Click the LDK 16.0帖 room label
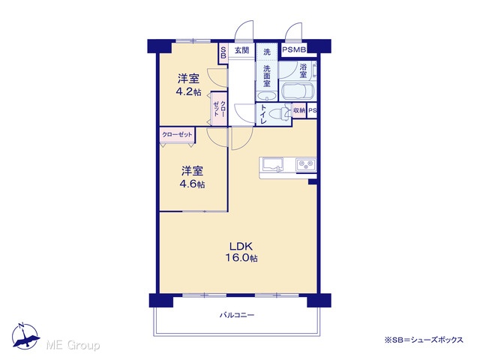coord(241,252)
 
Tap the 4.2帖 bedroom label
coord(188,85)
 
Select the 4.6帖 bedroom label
coord(192,177)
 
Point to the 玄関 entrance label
coord(241,50)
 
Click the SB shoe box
coord(223,53)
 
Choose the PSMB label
coord(294,50)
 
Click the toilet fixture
coord(281,113)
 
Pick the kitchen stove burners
coord(305,165)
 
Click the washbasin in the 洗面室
coord(267,97)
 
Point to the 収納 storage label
coord(299,110)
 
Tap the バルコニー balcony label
coord(237,315)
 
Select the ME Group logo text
coord(73,346)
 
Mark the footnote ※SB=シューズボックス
coord(424,340)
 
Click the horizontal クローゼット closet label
coord(177,135)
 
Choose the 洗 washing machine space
coord(267,52)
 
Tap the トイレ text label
coord(263,114)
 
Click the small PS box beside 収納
coord(312,111)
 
